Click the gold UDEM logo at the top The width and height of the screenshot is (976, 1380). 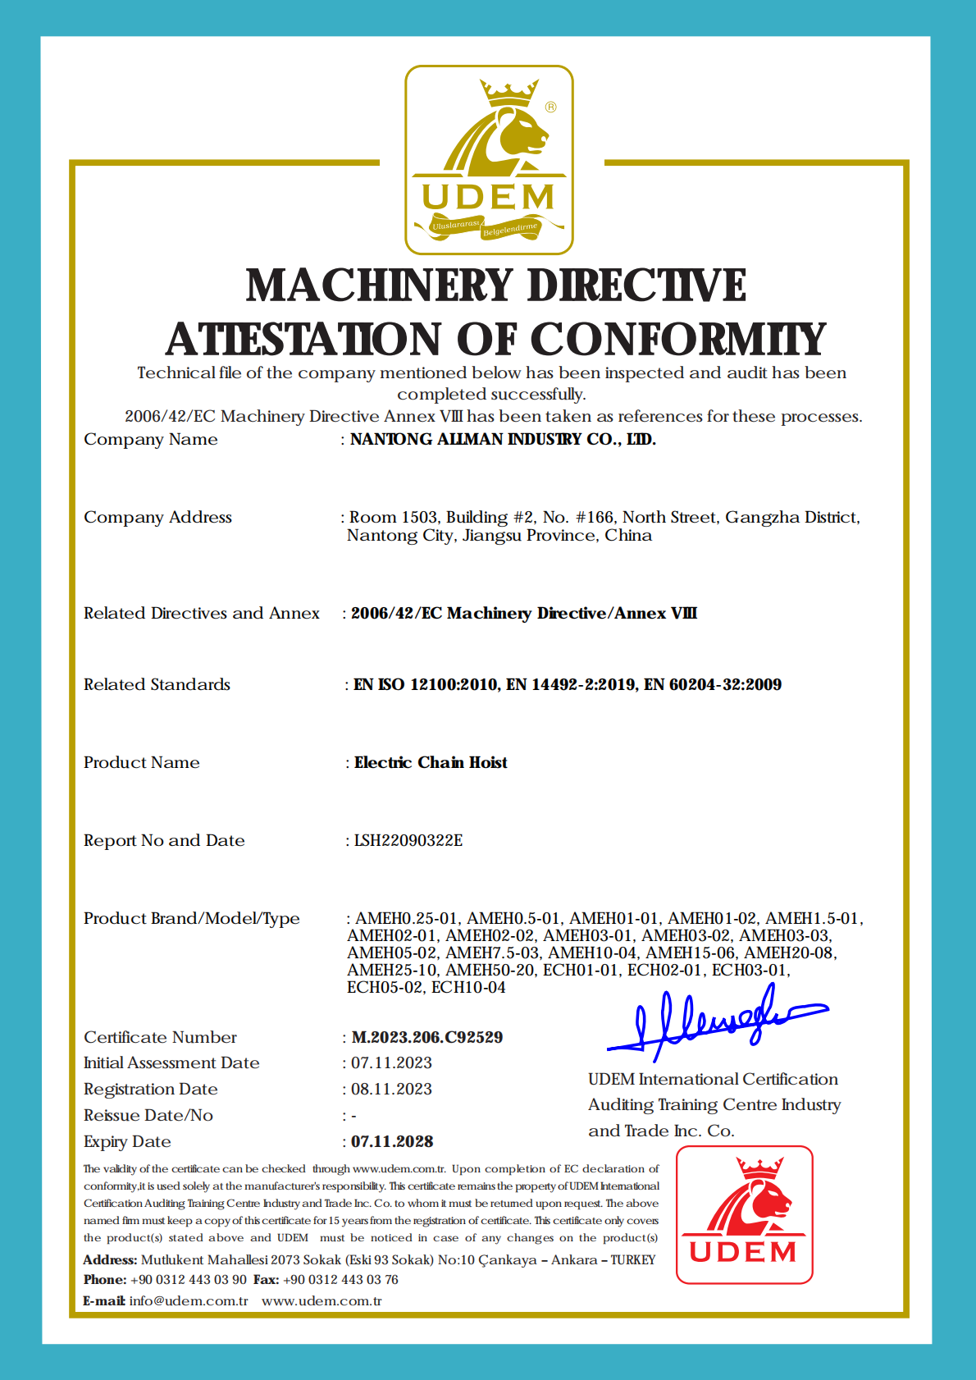click(489, 160)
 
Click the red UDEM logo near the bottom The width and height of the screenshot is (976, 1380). click(744, 1214)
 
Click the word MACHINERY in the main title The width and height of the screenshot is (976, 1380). click(380, 286)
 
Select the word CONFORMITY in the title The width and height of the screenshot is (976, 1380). click(677, 340)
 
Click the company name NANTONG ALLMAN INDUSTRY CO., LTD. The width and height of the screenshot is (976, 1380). click(503, 440)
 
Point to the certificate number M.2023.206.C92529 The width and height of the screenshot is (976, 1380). click(426, 1037)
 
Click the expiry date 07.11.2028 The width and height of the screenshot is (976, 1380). click(392, 1141)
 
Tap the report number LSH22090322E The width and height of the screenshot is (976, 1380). click(408, 840)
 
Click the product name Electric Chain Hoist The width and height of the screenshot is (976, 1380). click(431, 762)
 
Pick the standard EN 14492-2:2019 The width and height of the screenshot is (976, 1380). click(571, 684)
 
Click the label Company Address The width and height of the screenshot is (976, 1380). click(157, 517)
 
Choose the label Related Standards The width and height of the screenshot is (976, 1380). click(157, 684)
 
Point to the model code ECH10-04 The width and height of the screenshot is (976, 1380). click(468, 987)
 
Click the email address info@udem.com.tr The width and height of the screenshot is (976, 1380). click(189, 1300)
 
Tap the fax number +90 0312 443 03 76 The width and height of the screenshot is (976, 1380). click(340, 1279)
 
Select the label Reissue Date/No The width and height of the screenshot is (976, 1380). click(148, 1115)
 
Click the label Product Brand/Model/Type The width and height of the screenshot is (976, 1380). click(192, 918)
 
